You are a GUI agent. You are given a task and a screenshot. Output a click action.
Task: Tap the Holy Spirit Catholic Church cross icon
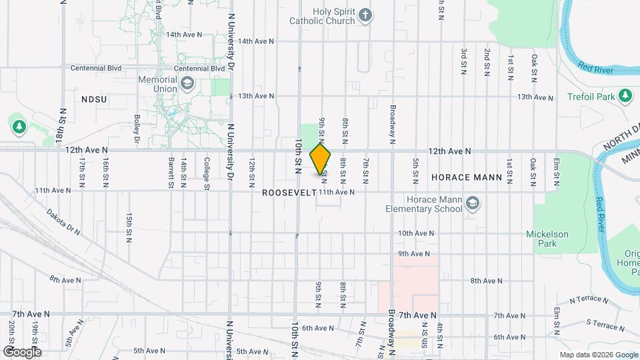(x=365, y=15)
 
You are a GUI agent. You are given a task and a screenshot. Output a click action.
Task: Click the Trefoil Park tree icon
(x=625, y=97)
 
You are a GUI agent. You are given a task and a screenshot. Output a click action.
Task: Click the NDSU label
(x=94, y=99)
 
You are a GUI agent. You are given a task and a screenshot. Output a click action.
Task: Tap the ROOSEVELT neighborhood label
(x=289, y=192)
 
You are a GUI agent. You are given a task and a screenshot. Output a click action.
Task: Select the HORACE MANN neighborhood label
(x=461, y=178)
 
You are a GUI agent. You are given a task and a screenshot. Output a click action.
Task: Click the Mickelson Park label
(x=547, y=239)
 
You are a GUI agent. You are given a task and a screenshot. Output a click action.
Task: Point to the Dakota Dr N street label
(x=63, y=222)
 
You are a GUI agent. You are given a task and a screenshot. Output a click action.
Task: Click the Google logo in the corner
(x=21, y=351)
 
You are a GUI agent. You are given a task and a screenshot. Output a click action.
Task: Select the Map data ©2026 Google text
(x=597, y=355)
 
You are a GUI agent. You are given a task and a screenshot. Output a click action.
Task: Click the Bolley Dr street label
(x=136, y=129)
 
